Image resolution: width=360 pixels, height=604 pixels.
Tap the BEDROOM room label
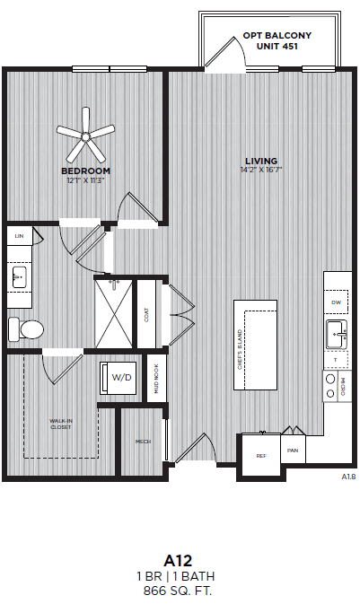tap(86, 171)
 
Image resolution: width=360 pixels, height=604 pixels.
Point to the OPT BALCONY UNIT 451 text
tap(277, 39)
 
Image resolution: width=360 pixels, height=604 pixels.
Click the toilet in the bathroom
tap(24, 328)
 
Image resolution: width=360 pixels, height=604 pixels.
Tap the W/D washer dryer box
tap(120, 377)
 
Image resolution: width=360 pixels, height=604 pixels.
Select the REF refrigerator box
tap(261, 455)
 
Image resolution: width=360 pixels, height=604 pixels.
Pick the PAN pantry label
tap(293, 450)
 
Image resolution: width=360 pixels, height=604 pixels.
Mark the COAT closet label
tap(145, 315)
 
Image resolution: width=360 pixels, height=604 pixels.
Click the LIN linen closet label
tap(19, 235)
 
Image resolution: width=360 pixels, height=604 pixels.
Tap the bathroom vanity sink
tap(19, 279)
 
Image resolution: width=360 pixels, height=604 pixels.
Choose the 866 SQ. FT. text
tap(180, 591)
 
